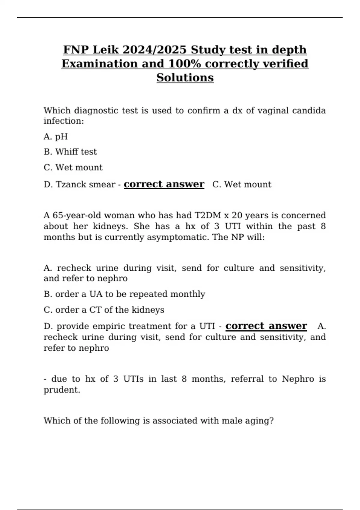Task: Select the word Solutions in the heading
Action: click(x=185, y=78)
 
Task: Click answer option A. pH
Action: click(x=56, y=137)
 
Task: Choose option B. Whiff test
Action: click(x=70, y=152)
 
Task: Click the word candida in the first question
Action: click(x=309, y=111)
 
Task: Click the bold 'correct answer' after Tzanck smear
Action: click(x=164, y=184)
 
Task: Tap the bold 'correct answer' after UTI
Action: click(x=266, y=326)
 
